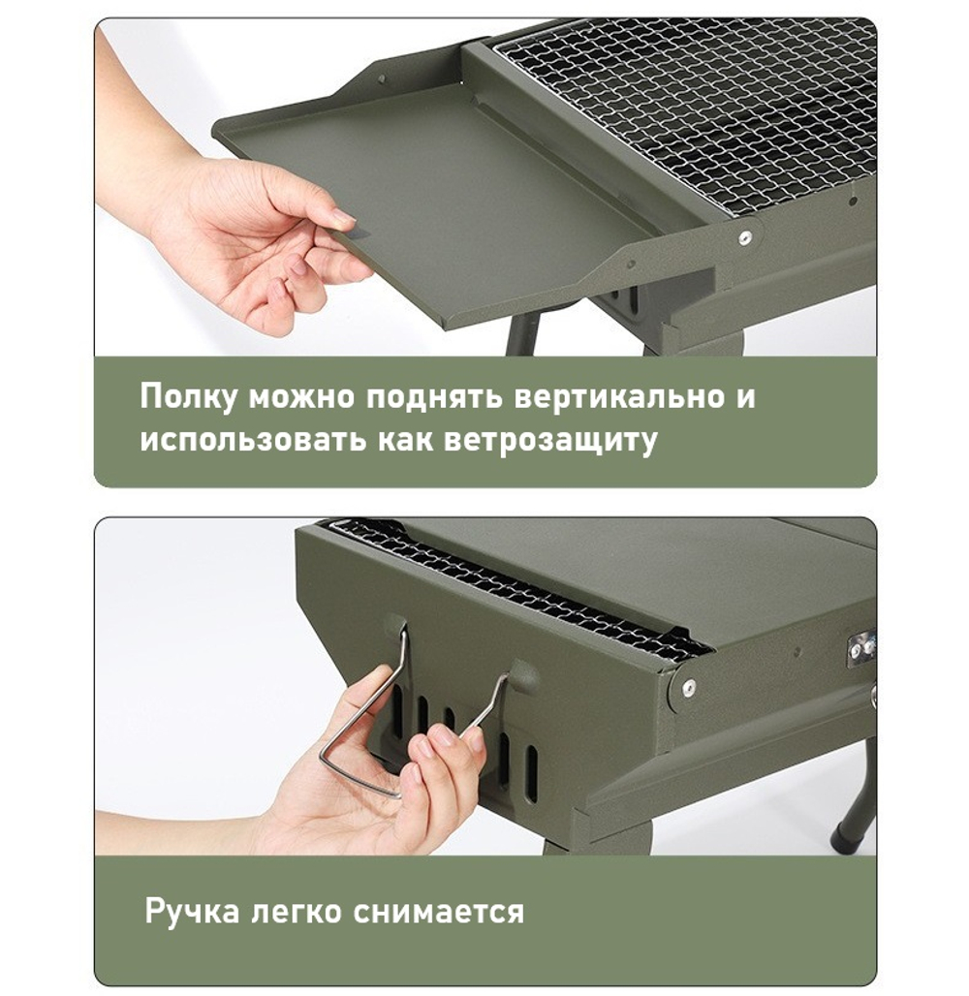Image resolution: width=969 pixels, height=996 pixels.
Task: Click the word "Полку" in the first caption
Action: (189, 397)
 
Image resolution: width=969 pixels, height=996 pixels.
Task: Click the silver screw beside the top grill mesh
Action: (744, 237)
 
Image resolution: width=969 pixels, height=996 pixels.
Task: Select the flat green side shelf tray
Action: (436, 194)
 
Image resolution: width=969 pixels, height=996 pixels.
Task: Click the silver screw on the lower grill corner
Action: (688, 687)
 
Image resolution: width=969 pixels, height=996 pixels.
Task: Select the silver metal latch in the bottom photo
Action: (860, 648)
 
